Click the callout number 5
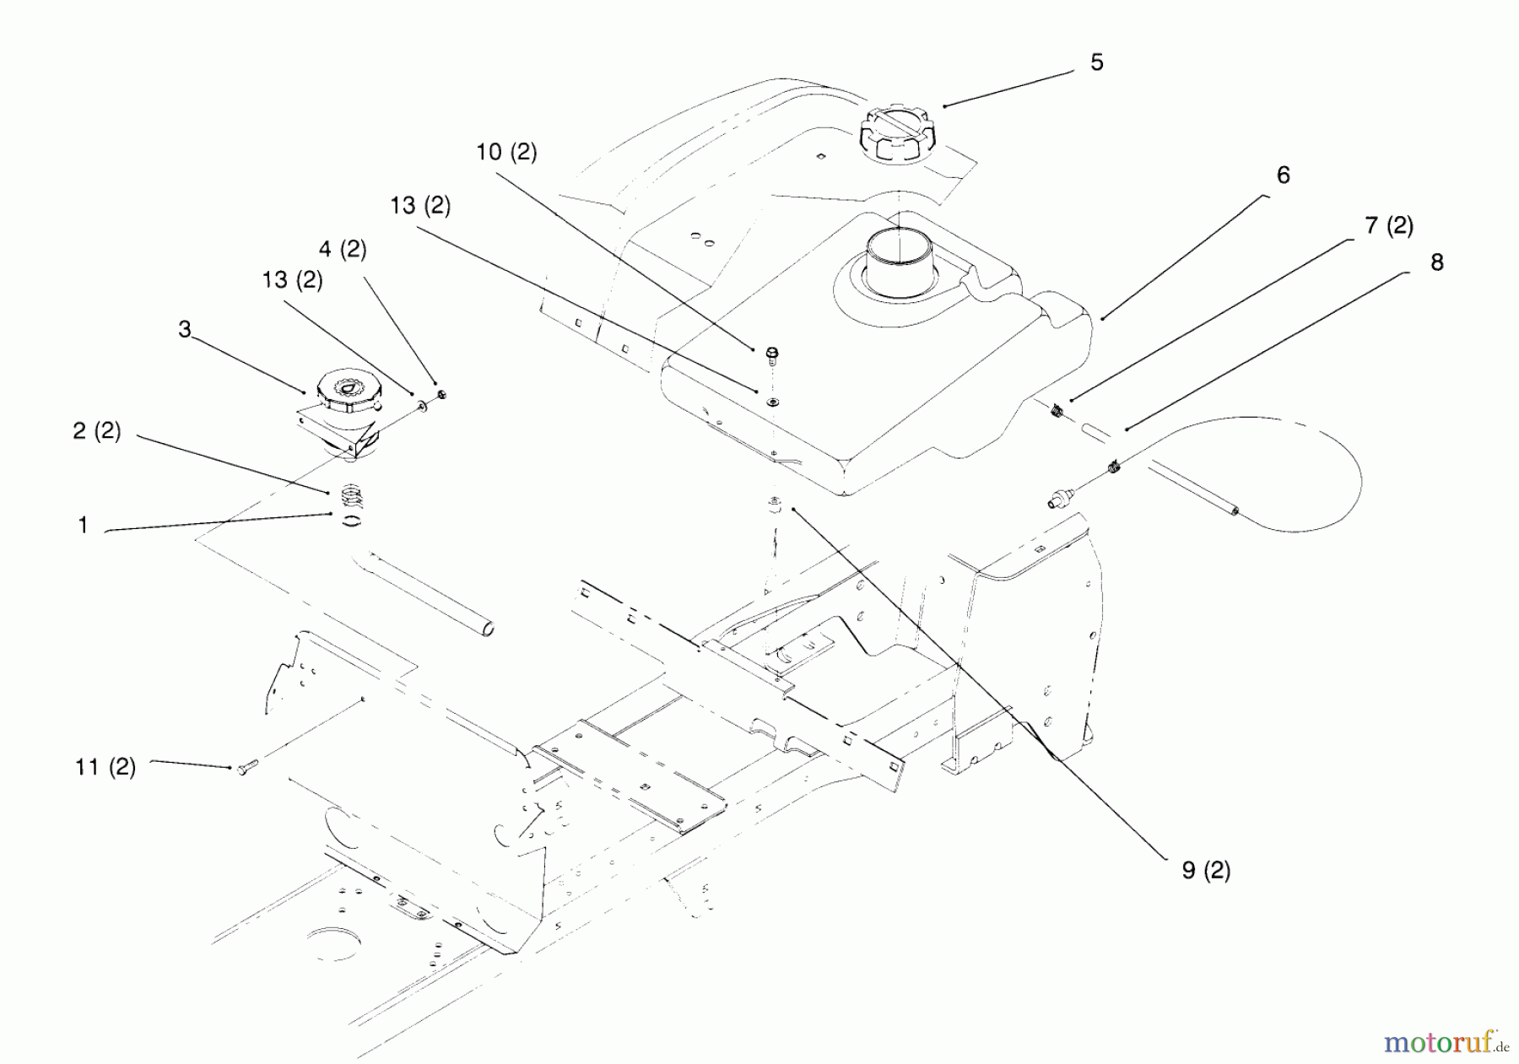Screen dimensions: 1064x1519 (1096, 62)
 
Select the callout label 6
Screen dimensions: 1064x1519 (1283, 175)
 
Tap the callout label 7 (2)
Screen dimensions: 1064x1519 (1388, 225)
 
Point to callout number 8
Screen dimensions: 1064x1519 (1436, 262)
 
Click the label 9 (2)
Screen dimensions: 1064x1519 (1206, 870)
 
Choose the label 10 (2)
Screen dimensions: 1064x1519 (506, 152)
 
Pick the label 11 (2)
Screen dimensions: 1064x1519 (105, 767)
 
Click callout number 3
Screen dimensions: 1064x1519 (185, 329)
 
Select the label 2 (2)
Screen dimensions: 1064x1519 (97, 431)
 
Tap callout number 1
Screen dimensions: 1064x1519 (83, 526)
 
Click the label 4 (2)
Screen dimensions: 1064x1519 (343, 249)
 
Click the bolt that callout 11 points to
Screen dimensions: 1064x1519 (245, 770)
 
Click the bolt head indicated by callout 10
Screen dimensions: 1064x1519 (772, 354)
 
